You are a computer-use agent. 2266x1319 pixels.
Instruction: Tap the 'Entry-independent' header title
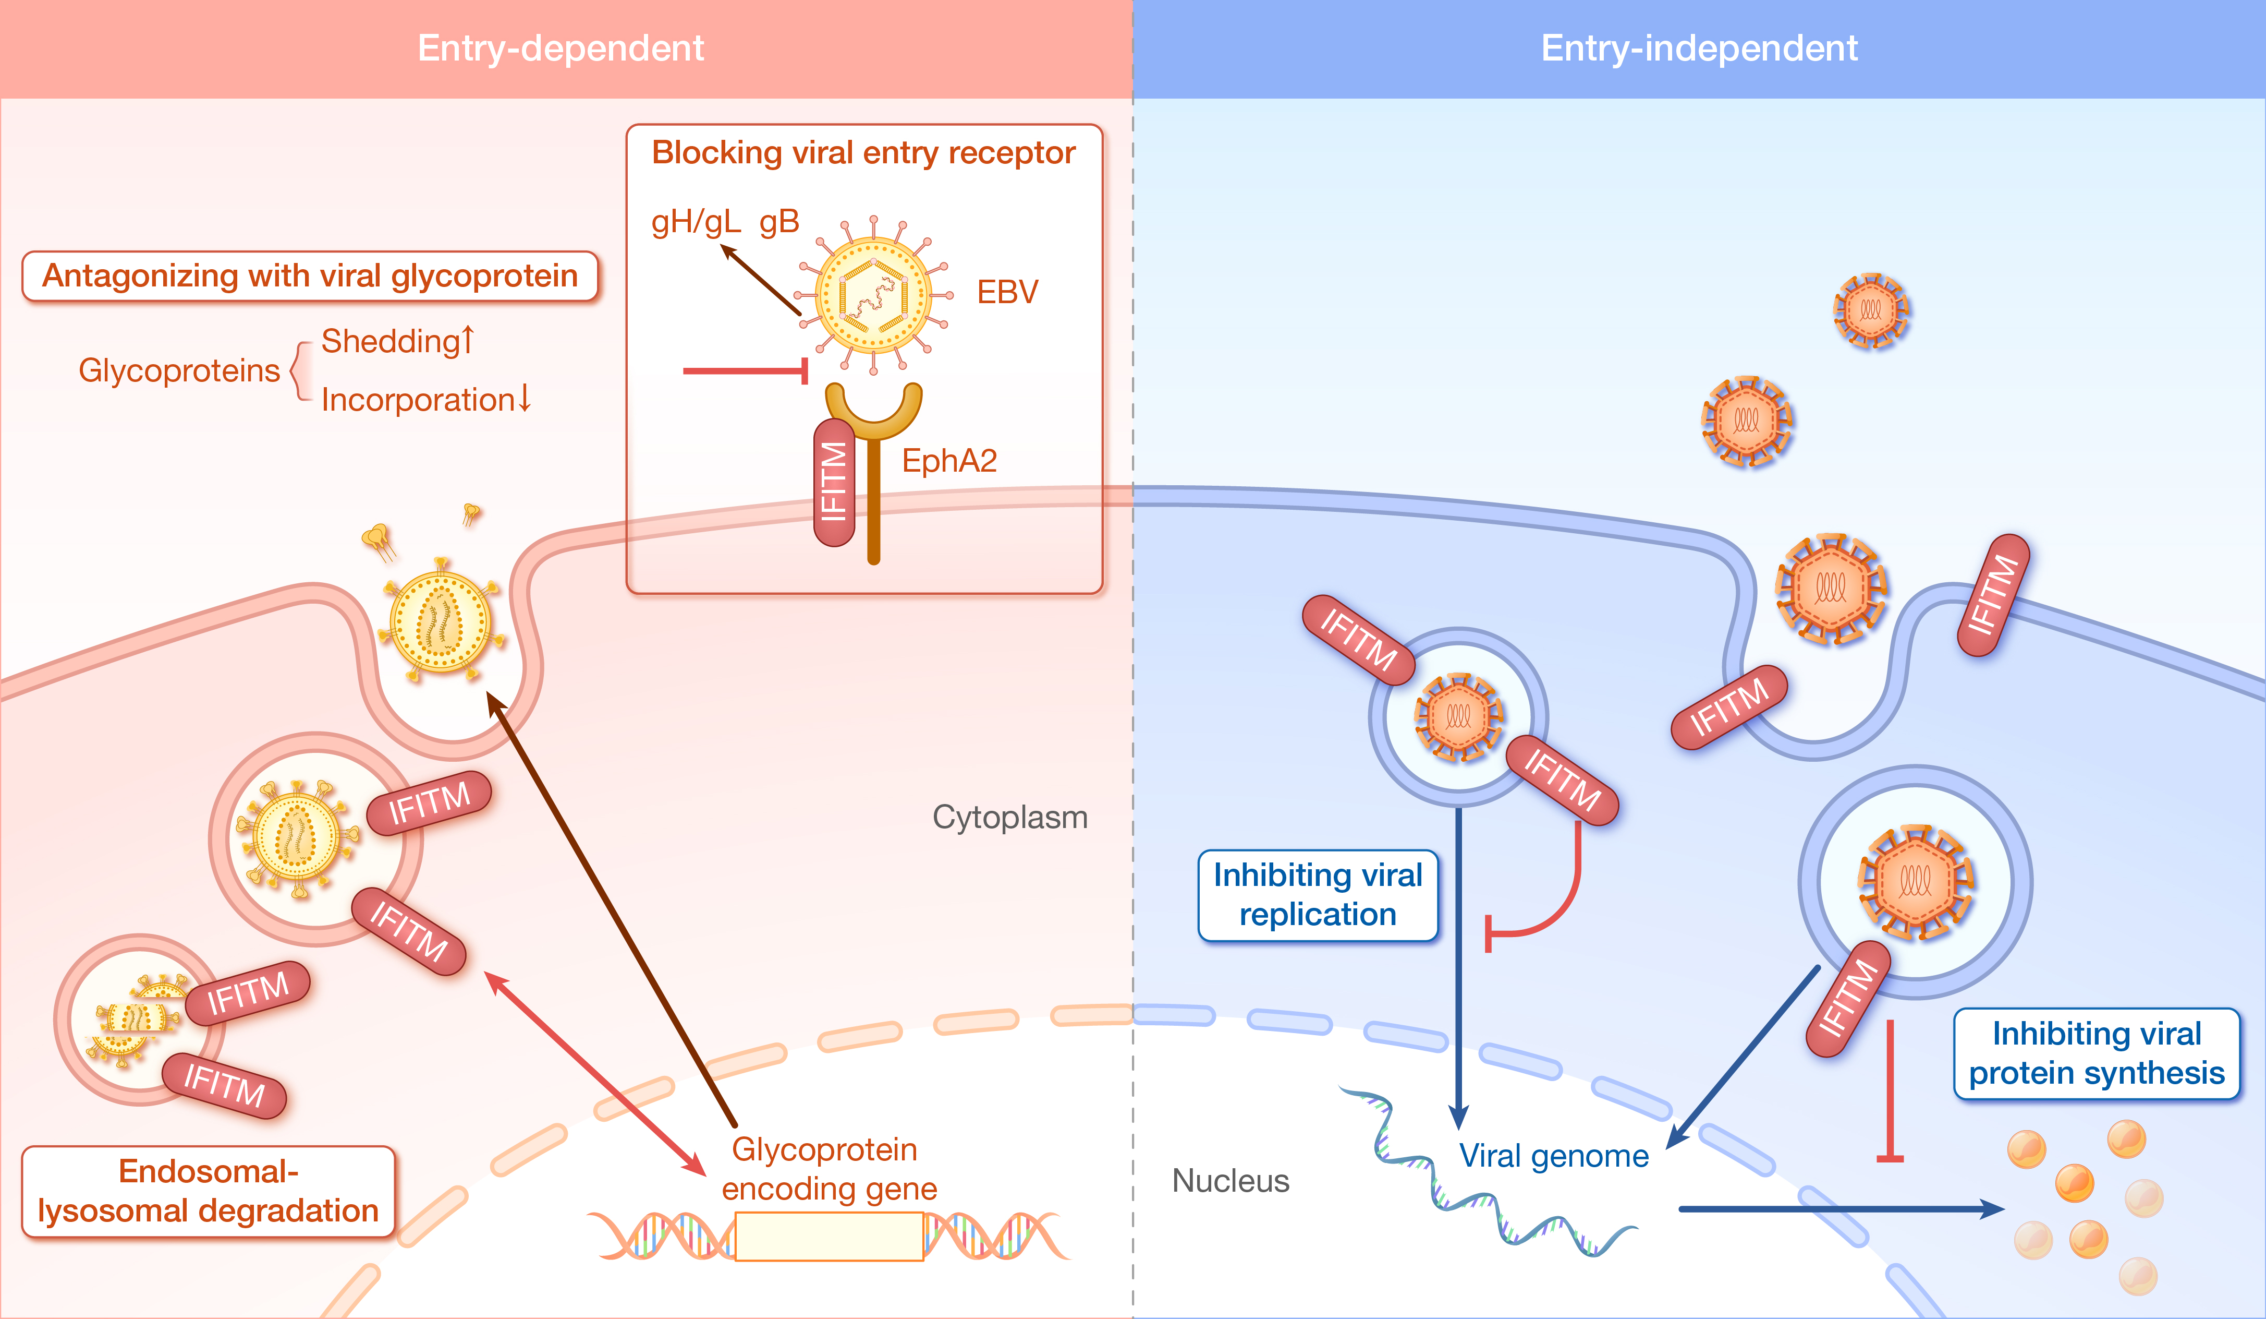tap(1699, 47)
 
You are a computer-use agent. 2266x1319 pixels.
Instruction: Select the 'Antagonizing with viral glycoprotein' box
tap(310, 276)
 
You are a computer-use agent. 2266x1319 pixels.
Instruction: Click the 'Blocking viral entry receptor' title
tap(863, 153)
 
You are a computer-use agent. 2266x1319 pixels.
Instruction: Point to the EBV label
tap(1007, 292)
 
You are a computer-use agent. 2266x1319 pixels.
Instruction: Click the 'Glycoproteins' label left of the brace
tap(179, 370)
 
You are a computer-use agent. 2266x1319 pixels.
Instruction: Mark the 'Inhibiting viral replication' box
tap(1318, 895)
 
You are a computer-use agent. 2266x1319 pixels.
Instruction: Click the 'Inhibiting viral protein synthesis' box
tap(2096, 1053)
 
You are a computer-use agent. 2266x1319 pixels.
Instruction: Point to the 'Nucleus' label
tap(1230, 1180)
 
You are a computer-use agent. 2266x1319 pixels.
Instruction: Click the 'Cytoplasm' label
tap(1010, 817)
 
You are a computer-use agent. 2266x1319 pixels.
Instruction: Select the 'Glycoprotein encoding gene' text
tap(827, 1169)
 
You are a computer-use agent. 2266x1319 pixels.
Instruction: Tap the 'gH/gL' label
tap(695, 221)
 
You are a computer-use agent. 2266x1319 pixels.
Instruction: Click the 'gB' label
tap(779, 221)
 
